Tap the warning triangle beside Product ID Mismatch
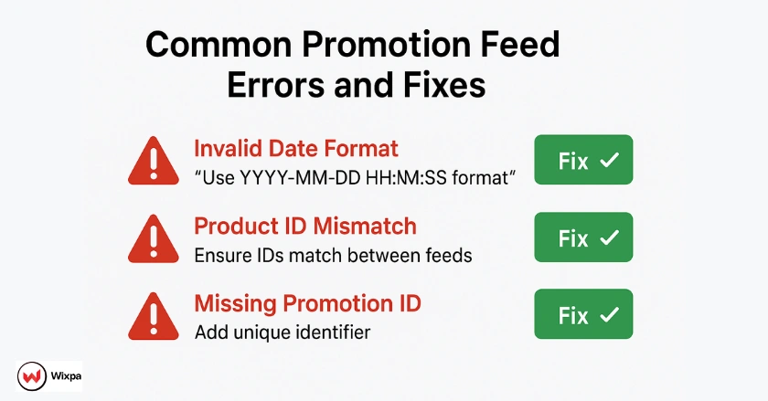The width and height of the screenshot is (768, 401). (154, 240)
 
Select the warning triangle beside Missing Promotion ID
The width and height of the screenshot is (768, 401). (154, 316)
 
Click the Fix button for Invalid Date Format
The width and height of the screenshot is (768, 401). (583, 160)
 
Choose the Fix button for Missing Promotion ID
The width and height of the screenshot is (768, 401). (583, 315)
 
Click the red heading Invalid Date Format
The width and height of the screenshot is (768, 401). (295, 148)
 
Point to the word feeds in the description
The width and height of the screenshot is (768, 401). (447, 255)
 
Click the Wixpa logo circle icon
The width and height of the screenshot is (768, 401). (31, 376)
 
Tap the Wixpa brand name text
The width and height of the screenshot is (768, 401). (64, 376)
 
